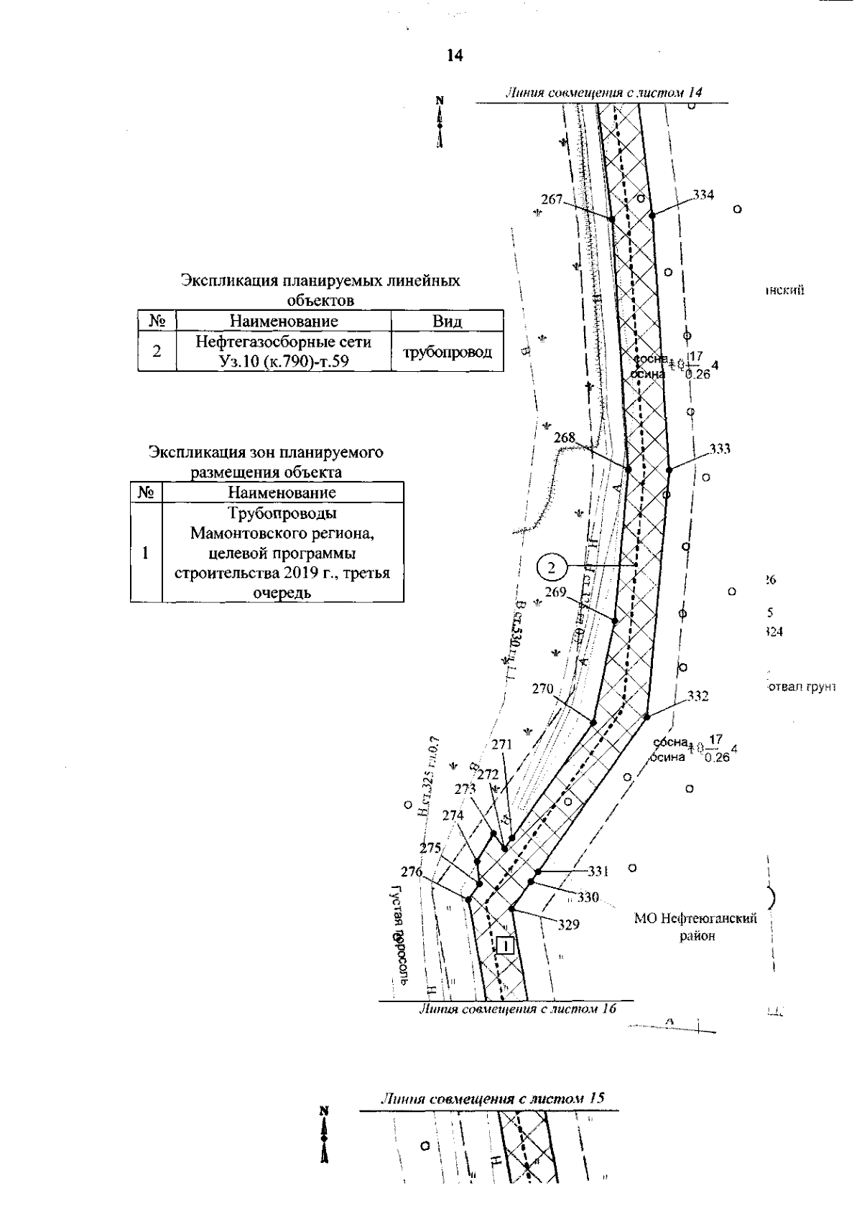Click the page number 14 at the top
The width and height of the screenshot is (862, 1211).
[453, 56]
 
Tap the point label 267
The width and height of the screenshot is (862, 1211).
[552, 200]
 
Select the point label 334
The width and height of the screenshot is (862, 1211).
[704, 195]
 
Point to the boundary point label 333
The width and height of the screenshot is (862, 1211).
[720, 449]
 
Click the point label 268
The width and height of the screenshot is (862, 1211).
[565, 437]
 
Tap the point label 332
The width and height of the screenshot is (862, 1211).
[698, 696]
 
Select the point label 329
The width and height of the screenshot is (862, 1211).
[568, 925]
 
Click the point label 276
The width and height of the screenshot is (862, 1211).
[412, 872]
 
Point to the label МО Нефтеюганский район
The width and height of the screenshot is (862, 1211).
[695, 927]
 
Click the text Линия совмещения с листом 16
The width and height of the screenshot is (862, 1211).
[517, 1009]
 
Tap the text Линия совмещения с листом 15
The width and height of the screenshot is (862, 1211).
[491, 1099]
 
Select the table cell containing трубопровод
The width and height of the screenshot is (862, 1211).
[447, 352]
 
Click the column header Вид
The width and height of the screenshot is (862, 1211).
[447, 321]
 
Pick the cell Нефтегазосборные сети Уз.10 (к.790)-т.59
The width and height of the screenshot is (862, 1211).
[283, 352]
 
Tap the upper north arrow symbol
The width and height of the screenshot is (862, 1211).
[440, 122]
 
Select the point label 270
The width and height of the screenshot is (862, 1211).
[542, 688]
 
